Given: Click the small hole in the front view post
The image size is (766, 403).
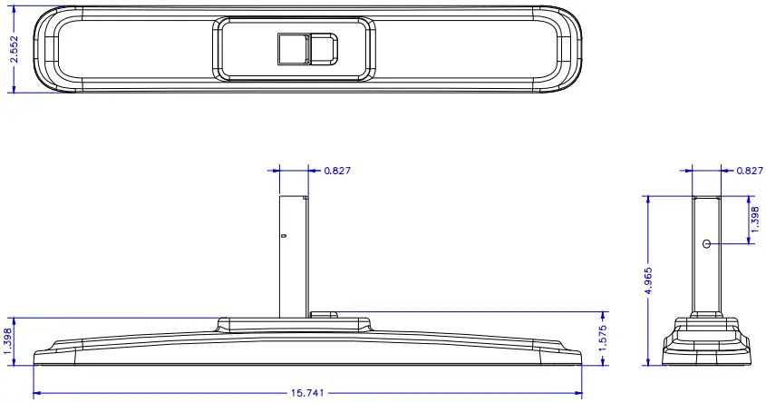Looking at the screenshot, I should [284, 237].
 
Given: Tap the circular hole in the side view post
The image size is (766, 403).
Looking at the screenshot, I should [706, 243].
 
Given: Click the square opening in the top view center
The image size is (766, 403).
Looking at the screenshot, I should [293, 48].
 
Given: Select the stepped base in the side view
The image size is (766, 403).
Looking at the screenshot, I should [707, 340].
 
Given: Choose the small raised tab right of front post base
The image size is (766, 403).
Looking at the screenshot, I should [323, 315].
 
